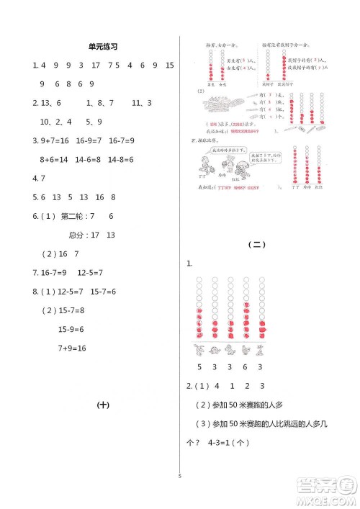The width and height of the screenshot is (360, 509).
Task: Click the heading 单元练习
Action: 102,46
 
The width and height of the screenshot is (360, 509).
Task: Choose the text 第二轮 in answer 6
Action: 72,216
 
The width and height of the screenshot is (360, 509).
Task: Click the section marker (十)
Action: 102,405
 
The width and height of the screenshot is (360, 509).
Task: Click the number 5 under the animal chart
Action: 197,366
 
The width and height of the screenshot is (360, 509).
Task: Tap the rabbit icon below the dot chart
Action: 197,351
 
